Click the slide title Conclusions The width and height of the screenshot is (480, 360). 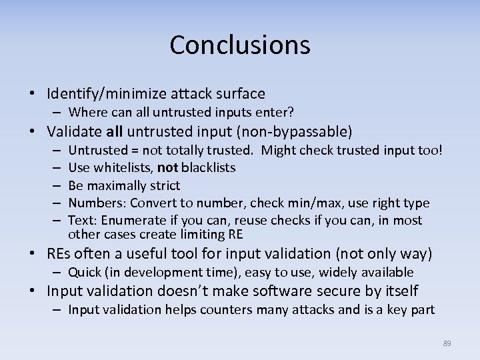pos(240,45)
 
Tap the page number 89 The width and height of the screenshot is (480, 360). pos(447,343)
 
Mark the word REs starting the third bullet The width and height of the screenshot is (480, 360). pos(59,254)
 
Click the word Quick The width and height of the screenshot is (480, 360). pos(85,272)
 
